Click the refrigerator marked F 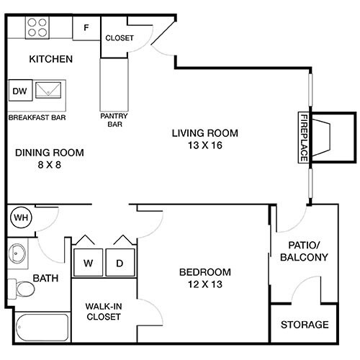point(86,28)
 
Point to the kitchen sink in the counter point(50,91)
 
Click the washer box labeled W point(88,263)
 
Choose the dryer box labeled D point(120,263)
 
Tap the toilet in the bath point(24,289)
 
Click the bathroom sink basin point(17,253)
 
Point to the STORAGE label point(305,325)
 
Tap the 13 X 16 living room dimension point(204,145)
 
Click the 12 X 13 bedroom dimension point(205,284)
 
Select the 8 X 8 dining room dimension point(50,165)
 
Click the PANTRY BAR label point(114,118)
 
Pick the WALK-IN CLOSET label point(104,312)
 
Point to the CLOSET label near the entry point(120,38)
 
